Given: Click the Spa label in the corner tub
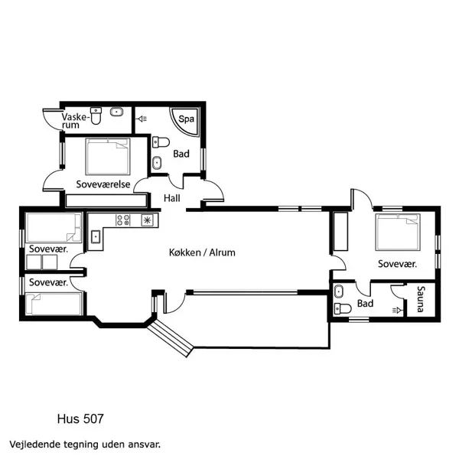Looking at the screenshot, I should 186,119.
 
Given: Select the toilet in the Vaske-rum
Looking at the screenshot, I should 96,115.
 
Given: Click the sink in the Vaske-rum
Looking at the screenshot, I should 117,112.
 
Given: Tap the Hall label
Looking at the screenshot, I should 173,199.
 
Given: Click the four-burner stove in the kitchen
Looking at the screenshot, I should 123,220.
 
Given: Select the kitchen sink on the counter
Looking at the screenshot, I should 96,236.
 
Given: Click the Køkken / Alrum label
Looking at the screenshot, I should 202,252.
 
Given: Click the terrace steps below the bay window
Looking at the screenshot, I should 173,337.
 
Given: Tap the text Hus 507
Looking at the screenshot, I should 80,418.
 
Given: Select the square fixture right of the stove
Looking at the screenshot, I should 147,220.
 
